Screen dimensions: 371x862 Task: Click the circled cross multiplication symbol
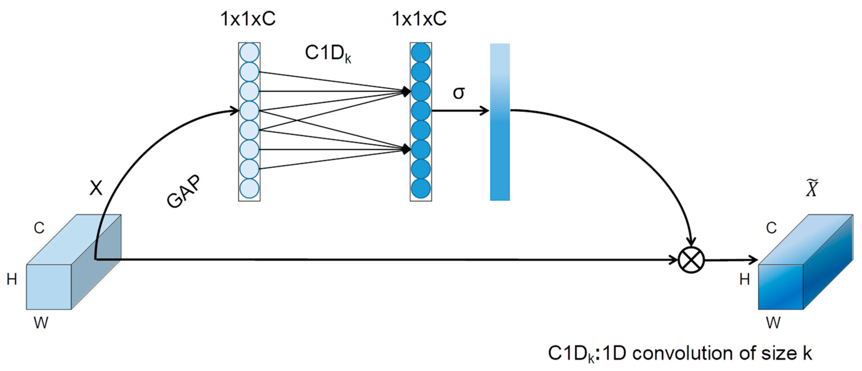pos(691,260)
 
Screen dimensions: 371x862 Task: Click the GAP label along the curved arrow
pos(184,192)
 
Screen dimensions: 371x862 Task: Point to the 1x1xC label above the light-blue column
pos(248,18)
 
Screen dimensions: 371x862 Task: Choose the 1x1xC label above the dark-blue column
pos(419,18)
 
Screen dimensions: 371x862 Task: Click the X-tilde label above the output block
pos(812,189)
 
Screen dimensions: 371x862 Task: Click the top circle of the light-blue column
pos(249,52)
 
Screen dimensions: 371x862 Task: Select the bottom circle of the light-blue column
pos(249,188)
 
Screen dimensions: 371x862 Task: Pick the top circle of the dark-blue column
pos(421,52)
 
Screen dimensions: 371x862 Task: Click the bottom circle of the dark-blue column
pos(421,188)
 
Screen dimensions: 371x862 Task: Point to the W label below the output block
pos(773,323)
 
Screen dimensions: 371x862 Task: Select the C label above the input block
pos(39,228)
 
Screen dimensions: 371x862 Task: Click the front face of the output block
pos(780,287)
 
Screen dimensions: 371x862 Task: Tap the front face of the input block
pos(49,287)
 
